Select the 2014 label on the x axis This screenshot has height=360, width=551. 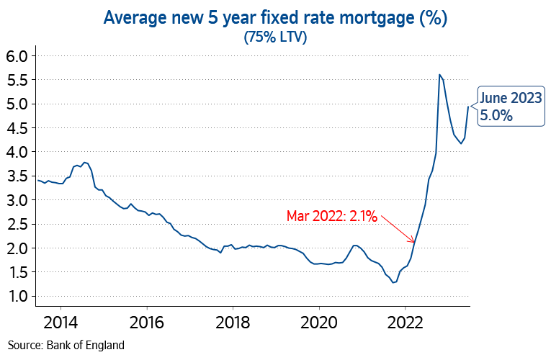61,321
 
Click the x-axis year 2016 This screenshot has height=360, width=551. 147,321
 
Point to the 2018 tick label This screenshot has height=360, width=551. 233,321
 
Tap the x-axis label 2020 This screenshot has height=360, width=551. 320,321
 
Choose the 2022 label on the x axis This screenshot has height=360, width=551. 406,321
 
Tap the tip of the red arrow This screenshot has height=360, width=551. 415,241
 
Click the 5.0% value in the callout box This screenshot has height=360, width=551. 496,116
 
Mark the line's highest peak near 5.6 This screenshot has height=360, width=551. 439,74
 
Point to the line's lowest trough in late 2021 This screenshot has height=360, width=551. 393,282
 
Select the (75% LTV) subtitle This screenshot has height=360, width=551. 276,37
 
